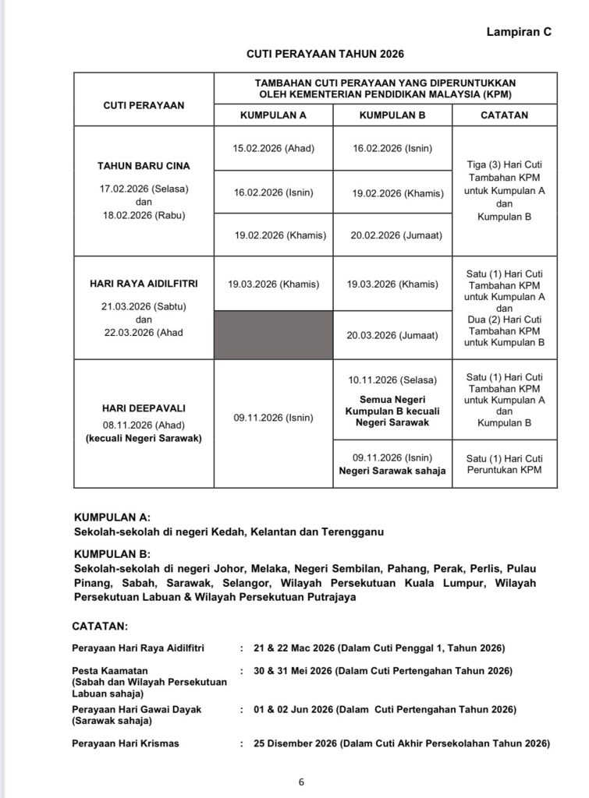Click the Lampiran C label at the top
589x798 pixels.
tap(518, 32)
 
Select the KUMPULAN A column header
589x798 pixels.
tap(272, 115)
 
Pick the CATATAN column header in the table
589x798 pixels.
tap(505, 115)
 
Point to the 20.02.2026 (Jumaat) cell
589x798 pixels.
tap(392, 235)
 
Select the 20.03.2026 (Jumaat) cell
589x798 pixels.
tap(392, 335)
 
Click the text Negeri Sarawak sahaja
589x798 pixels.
tap(392, 471)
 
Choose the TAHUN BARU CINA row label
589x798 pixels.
tap(144, 166)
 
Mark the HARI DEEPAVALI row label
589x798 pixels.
tap(144, 408)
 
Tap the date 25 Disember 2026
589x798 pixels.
tap(294, 743)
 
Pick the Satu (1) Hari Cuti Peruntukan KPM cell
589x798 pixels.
tap(505, 464)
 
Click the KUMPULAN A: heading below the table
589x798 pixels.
tap(112, 517)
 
